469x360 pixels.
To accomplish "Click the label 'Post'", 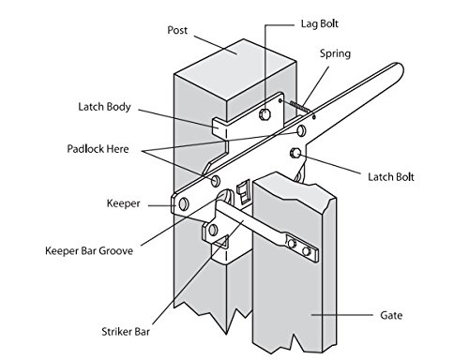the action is coord(177,30).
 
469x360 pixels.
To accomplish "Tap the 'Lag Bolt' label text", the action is coord(320,23).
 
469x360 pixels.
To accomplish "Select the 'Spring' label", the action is coord(335,53).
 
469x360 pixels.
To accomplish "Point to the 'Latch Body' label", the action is coord(104,107).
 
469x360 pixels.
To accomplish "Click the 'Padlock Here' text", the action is coord(98,149).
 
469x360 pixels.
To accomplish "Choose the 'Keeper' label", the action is coord(123,203).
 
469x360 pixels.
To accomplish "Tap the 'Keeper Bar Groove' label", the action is coord(89,251).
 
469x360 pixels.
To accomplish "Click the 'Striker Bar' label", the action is coord(126,332).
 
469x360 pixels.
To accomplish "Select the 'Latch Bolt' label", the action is coord(391,177).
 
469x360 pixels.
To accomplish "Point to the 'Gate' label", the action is coord(391,315).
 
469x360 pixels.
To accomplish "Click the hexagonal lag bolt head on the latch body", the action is coord(265,114).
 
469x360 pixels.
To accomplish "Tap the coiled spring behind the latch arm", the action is coord(300,106).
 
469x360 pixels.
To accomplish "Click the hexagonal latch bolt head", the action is coord(295,153).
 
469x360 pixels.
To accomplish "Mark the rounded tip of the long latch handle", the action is coord(398,69).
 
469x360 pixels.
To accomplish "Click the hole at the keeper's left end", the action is coord(184,204).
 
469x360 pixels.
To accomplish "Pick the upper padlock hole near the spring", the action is coord(301,130).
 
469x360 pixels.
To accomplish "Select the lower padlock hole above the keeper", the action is coord(215,181).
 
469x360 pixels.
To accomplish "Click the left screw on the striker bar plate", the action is coord(293,244).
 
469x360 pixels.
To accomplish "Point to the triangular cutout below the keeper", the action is coord(223,241).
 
